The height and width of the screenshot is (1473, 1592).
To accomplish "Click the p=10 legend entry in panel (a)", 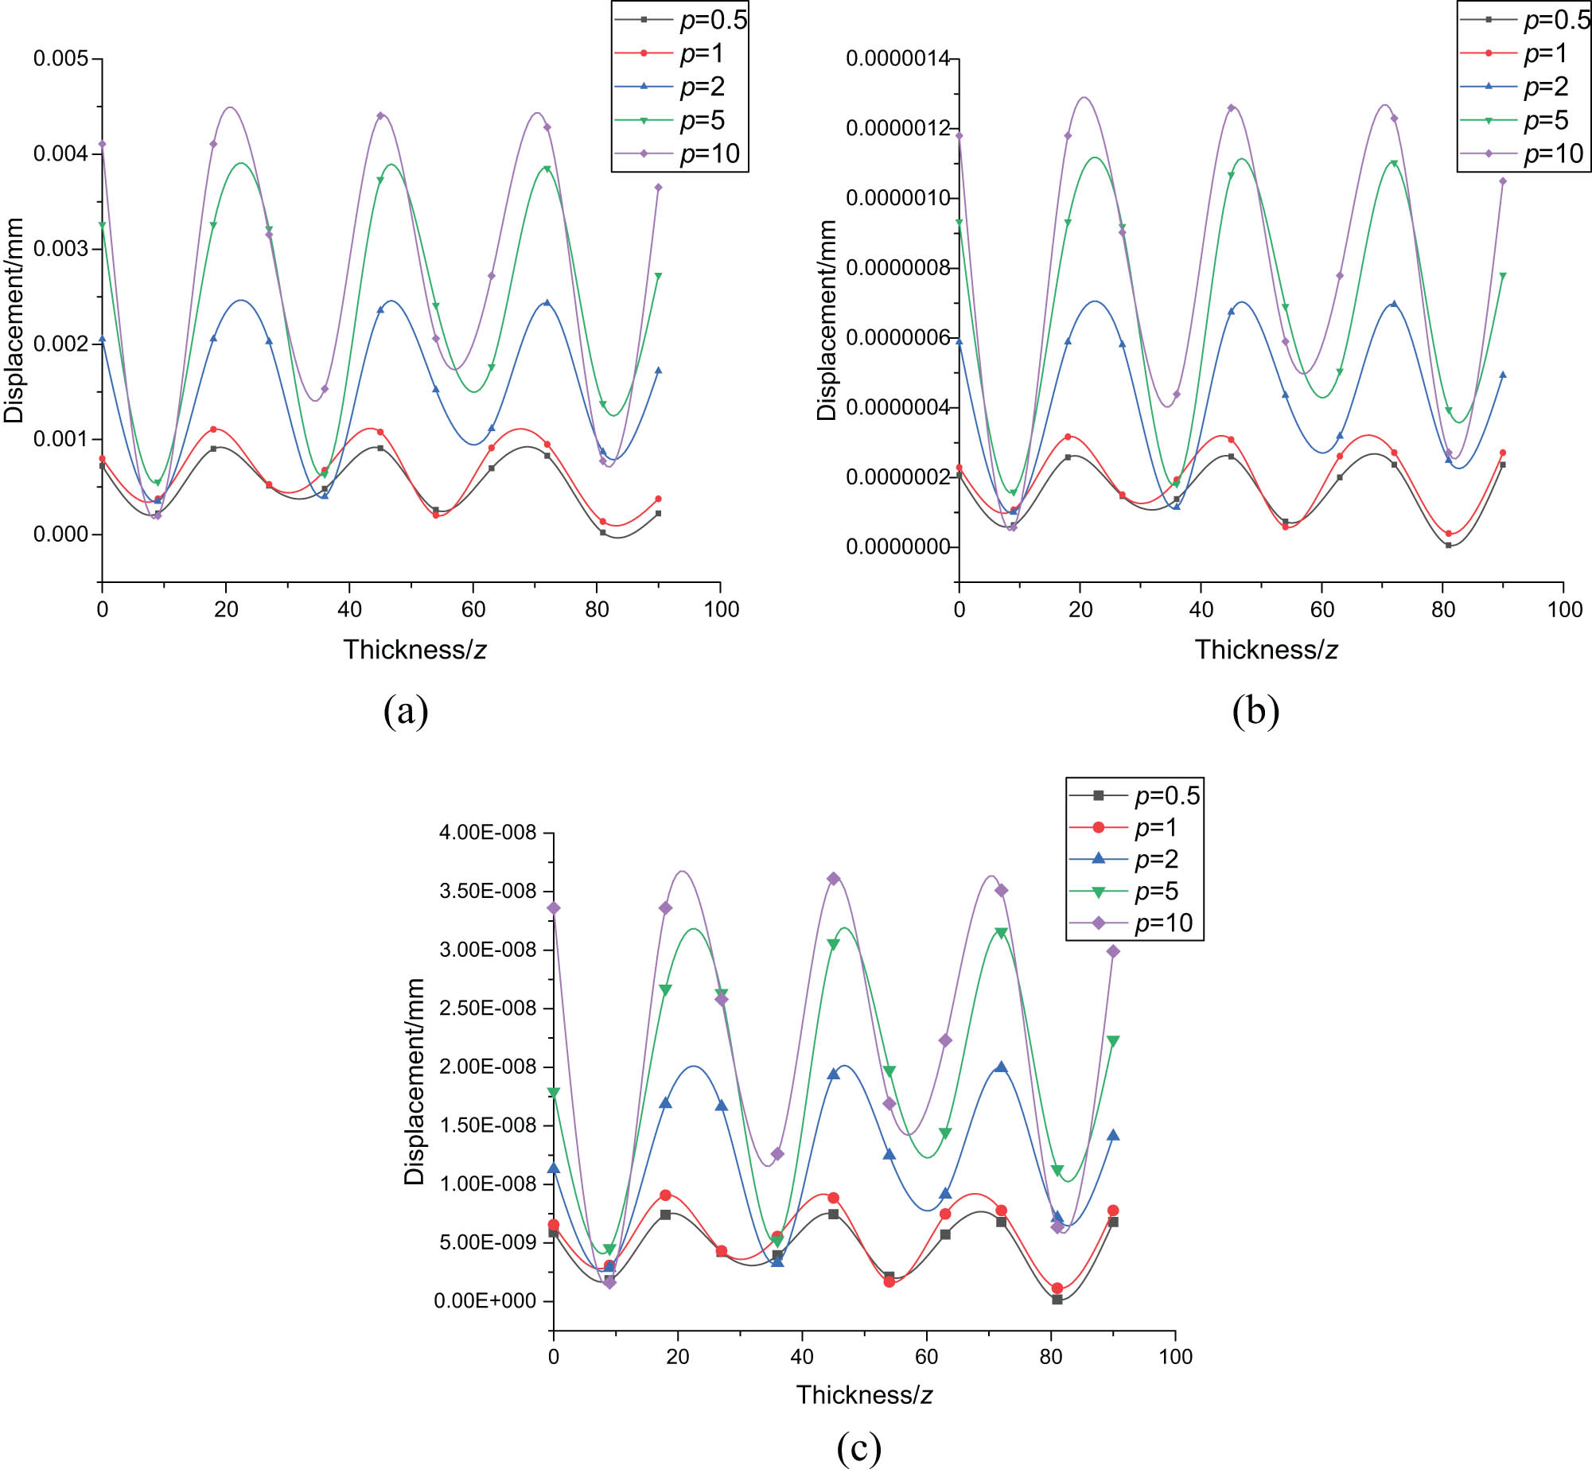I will [x=679, y=154].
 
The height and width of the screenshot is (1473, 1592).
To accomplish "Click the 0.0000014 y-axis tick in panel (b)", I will [x=897, y=58].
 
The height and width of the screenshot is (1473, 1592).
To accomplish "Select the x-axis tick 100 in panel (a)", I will [x=721, y=610].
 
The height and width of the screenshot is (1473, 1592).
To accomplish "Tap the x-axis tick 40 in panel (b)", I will [x=1201, y=610].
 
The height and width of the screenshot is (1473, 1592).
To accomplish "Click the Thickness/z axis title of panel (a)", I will [x=415, y=650].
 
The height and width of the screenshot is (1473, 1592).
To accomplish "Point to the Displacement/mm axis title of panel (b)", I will [x=827, y=320].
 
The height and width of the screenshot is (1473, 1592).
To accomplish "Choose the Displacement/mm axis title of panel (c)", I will [x=414, y=1082].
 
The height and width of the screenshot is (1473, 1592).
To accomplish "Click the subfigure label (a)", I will [x=406, y=710].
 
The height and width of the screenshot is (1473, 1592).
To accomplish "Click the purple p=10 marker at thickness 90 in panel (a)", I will [x=658, y=188].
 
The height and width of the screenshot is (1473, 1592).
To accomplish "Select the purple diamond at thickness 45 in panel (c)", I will [x=833, y=878].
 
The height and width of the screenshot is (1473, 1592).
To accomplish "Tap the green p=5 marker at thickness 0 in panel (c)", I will [x=554, y=1092].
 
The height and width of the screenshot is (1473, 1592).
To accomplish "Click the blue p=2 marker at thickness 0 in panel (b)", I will [x=959, y=341].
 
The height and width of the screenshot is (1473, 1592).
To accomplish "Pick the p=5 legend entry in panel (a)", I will [x=679, y=120].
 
